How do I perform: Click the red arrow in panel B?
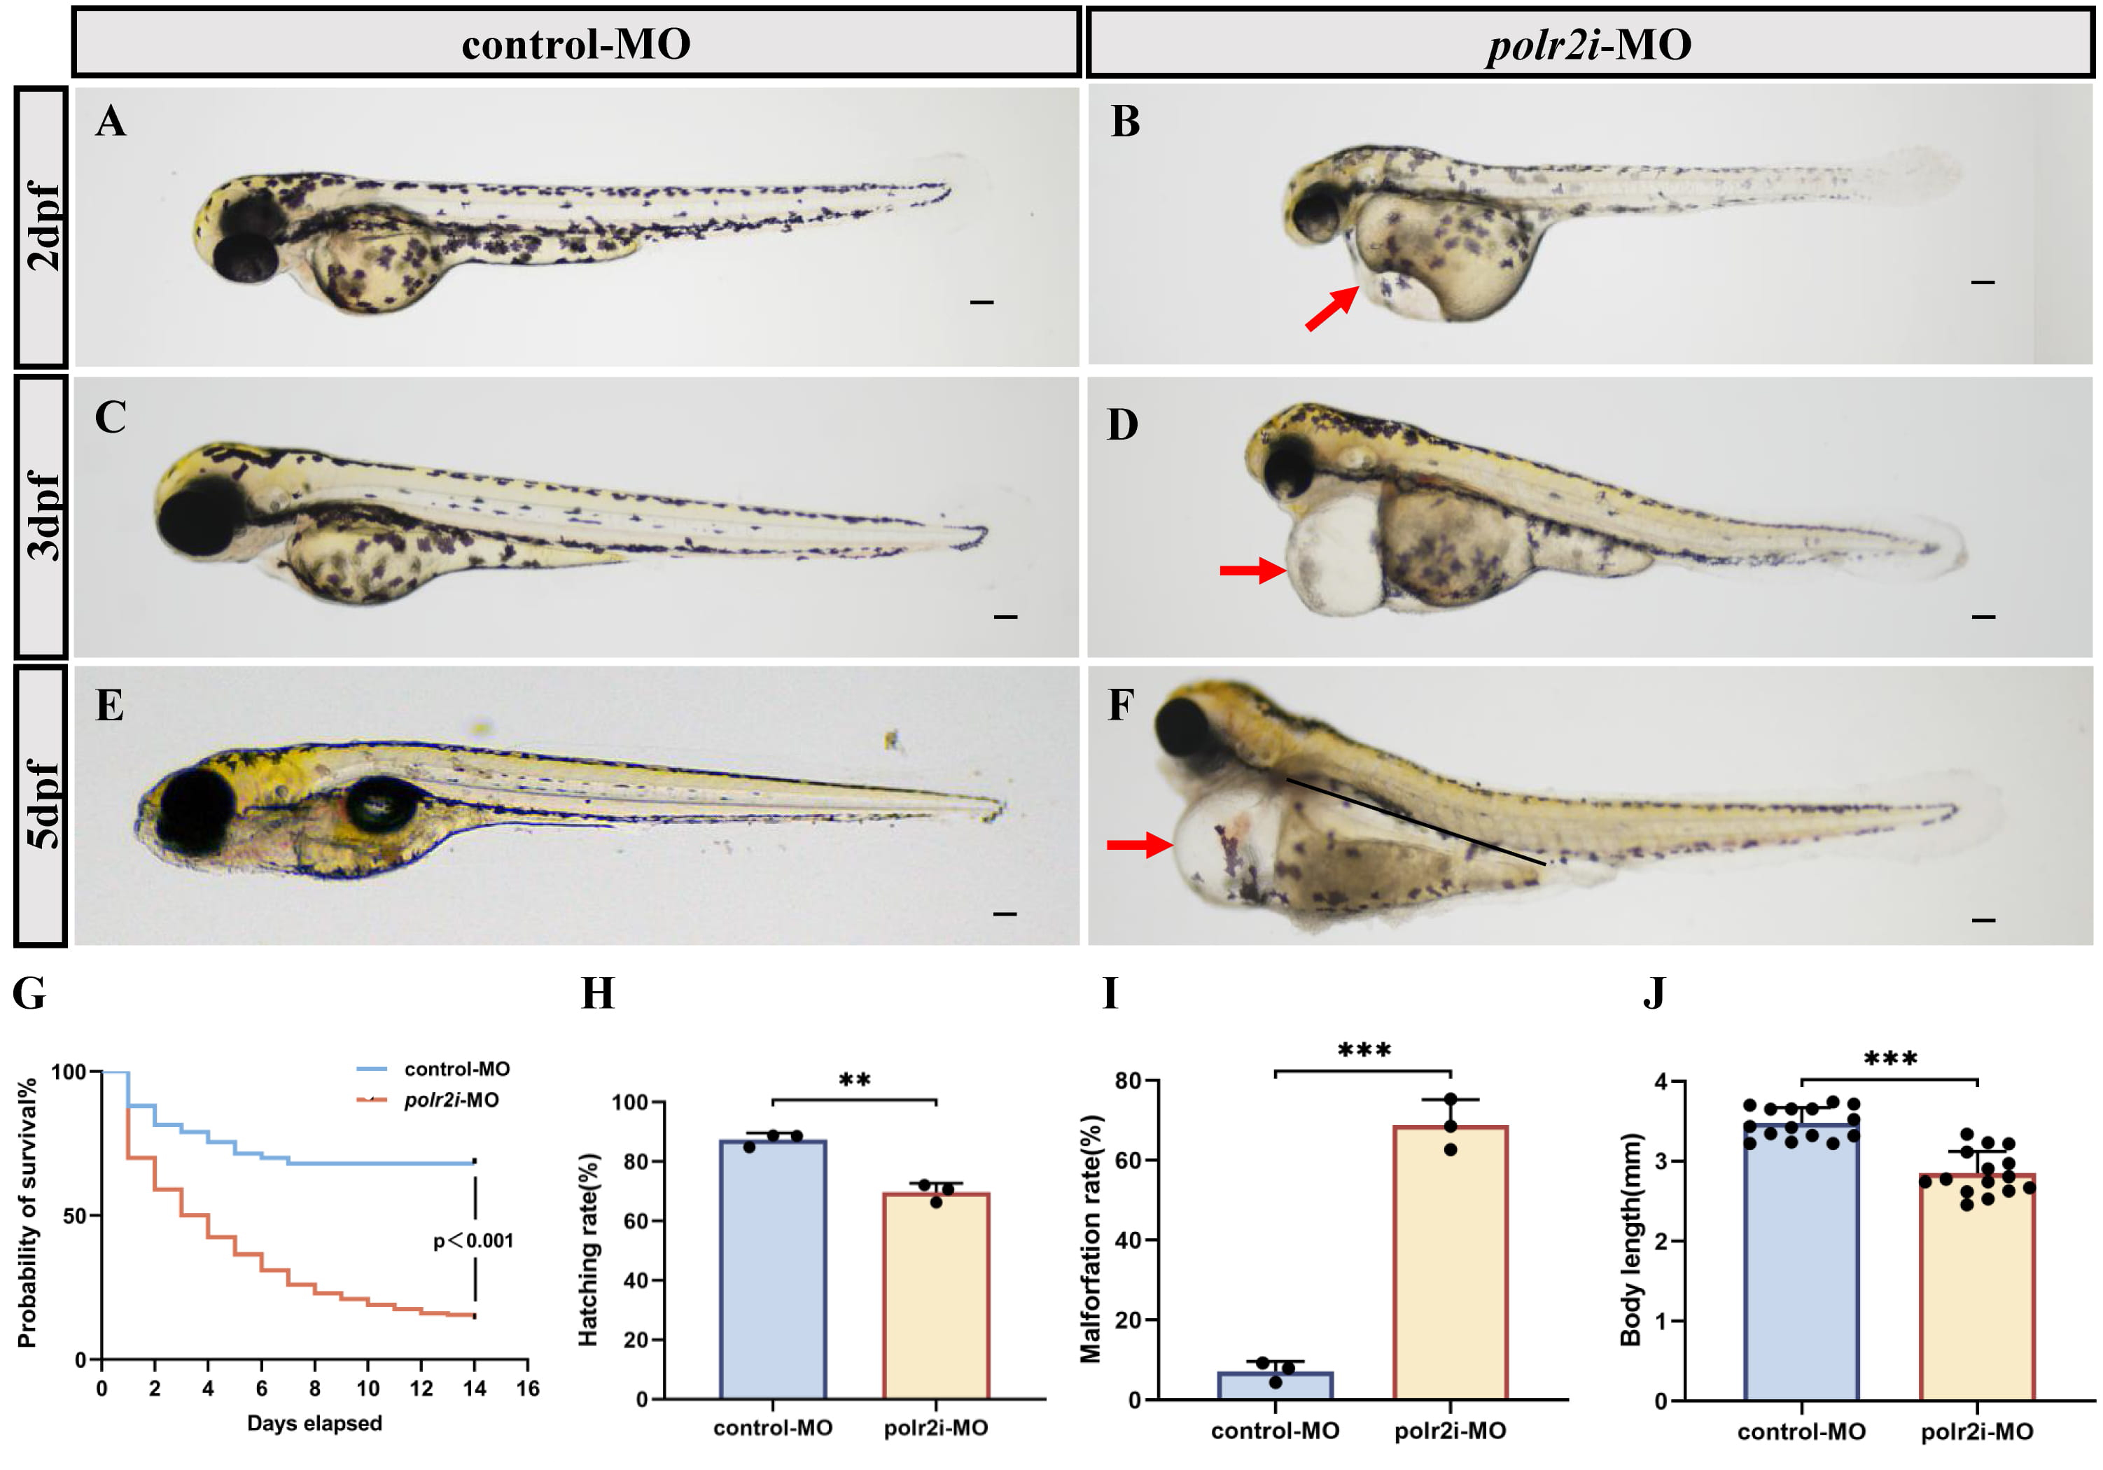[x=1331, y=309]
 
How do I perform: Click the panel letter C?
[x=111, y=418]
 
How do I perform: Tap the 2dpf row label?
[x=42, y=226]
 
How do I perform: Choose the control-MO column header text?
[x=575, y=44]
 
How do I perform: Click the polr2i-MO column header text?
[x=1589, y=44]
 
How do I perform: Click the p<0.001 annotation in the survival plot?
[x=473, y=1241]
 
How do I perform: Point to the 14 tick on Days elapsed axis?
[x=475, y=1389]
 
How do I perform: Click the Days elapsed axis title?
[x=314, y=1423]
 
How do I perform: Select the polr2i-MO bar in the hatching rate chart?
[x=935, y=1295]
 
